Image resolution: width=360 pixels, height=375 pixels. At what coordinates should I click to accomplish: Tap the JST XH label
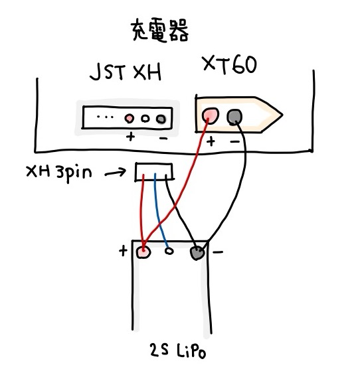coord(126,72)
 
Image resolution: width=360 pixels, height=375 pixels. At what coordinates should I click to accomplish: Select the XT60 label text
coord(229,65)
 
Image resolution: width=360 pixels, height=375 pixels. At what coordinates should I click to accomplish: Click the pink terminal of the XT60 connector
coord(210,115)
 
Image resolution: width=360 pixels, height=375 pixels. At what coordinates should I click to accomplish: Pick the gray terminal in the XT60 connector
coord(234,117)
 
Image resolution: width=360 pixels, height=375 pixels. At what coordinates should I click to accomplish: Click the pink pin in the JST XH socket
coord(130,118)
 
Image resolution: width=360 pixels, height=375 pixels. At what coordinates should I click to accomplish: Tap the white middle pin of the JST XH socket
coord(145,118)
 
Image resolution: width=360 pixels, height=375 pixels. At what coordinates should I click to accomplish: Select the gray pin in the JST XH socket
coord(161,119)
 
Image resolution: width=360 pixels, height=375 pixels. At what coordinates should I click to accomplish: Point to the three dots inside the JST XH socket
coord(105,117)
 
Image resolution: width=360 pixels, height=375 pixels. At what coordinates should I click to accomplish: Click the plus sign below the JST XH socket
coord(130,137)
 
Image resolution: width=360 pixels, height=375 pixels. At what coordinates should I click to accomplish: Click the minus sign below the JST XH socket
coord(163,138)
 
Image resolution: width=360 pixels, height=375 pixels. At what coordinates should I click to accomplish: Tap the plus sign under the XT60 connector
coord(211,141)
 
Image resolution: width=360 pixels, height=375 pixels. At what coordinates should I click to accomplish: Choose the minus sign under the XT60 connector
coord(235,142)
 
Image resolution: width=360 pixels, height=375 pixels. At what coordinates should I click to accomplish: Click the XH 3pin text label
coord(59,173)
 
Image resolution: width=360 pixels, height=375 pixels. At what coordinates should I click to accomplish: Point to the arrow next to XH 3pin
coord(115,172)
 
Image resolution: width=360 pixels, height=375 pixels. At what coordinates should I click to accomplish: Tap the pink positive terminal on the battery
coord(143,252)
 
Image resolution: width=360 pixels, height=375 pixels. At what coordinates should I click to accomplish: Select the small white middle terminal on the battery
coord(169,251)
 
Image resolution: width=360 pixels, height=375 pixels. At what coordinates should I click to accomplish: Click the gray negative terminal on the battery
coord(197,253)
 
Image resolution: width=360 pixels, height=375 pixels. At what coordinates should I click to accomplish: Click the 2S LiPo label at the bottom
coord(178,350)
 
